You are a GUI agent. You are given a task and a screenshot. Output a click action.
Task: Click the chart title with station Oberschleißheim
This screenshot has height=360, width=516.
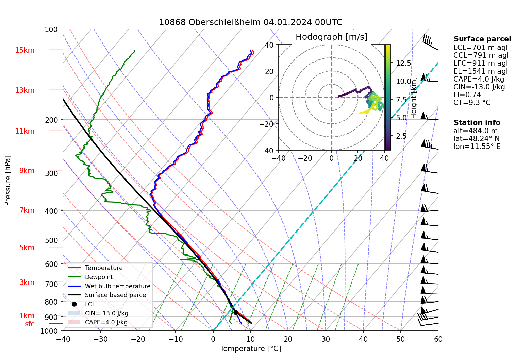coord(250,22)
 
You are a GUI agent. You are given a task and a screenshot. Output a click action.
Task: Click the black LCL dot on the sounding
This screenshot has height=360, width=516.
coord(236,312)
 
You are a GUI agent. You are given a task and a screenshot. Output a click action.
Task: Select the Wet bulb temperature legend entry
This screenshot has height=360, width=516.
coord(117,286)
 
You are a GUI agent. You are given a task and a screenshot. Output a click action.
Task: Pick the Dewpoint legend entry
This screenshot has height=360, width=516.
coord(99,277)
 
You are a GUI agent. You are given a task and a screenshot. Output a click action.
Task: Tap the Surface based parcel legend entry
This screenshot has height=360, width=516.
coord(116,295)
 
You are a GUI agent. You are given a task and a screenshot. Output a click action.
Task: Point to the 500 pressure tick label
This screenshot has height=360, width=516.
coord(51,240)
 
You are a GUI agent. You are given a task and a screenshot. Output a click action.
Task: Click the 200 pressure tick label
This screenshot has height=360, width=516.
coord(51,120)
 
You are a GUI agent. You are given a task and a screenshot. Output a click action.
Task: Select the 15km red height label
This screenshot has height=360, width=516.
coord(24,50)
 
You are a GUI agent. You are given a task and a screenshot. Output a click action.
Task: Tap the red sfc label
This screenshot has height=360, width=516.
coord(30,324)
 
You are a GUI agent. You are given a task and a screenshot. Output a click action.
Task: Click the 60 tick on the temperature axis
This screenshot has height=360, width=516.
coord(438,339)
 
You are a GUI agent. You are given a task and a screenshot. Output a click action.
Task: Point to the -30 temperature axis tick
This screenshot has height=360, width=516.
coord(100,339)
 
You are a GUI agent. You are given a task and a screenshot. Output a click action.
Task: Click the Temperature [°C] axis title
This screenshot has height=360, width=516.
coord(250,349)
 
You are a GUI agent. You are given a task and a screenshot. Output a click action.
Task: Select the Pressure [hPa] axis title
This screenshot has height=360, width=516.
coord(8,181)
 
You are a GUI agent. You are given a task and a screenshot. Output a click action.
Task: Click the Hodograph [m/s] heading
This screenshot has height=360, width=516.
coord(331,37)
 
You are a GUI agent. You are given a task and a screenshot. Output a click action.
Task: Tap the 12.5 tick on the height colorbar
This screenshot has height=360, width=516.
coord(403,63)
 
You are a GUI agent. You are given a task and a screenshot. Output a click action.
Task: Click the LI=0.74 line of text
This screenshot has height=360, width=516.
coord(467,95)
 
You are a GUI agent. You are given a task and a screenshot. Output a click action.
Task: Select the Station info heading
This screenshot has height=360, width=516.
coord(477,123)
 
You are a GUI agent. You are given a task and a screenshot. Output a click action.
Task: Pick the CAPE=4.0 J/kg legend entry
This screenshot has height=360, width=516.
coord(106,322)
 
